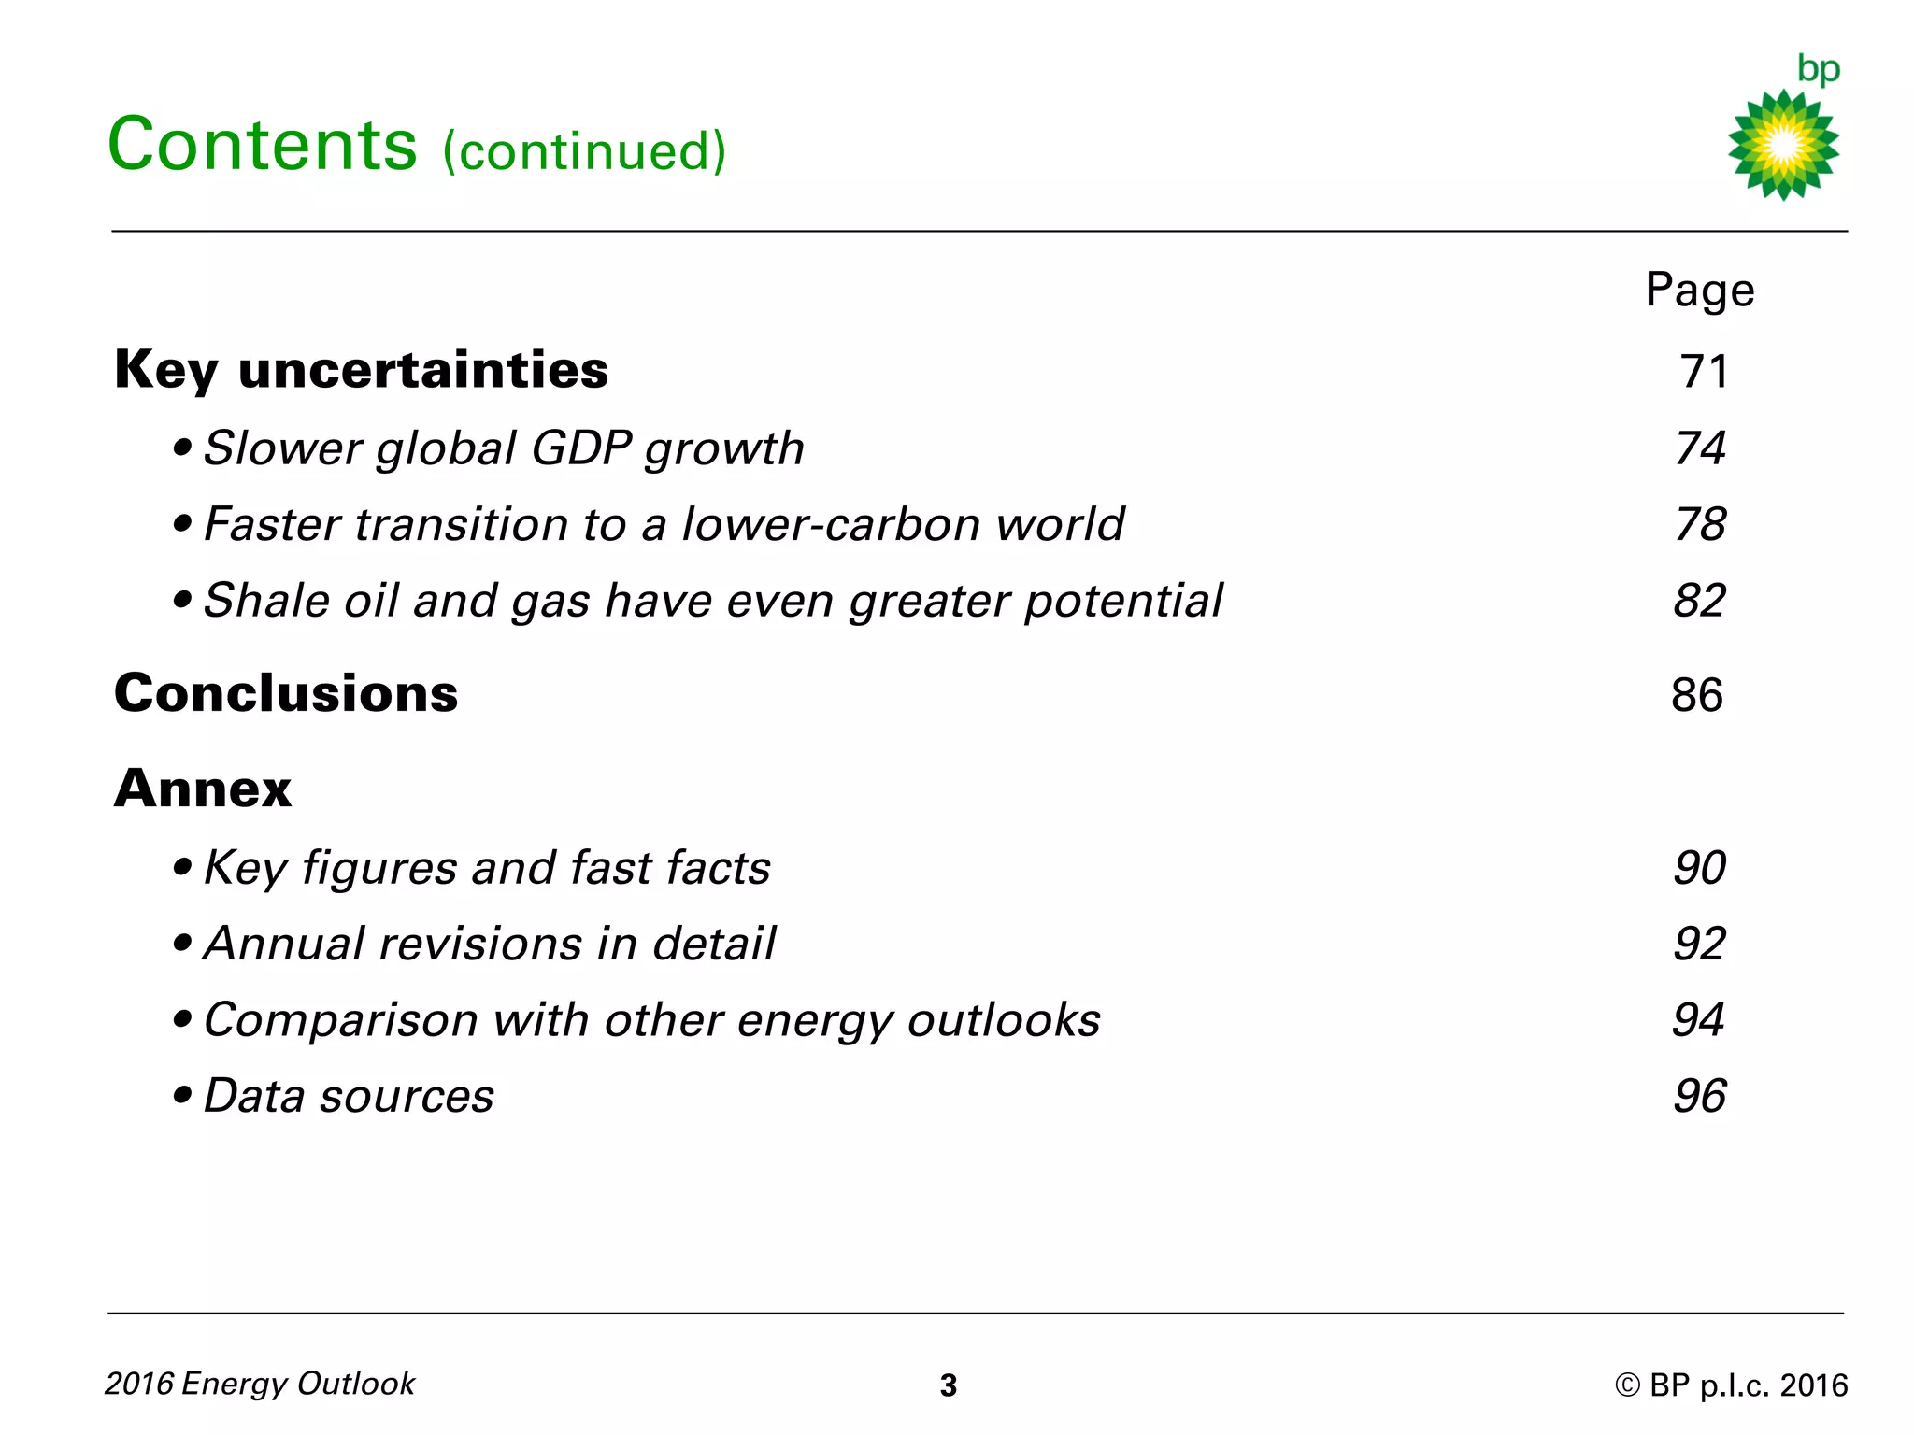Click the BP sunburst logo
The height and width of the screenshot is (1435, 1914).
(1783, 145)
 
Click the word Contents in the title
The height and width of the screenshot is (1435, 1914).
(263, 145)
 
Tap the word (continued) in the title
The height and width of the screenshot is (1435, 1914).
(584, 151)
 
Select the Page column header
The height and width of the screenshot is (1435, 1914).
(1699, 290)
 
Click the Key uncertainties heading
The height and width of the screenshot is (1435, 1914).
(361, 370)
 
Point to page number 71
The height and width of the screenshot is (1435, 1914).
(1704, 372)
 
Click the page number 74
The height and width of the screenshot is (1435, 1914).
(1700, 448)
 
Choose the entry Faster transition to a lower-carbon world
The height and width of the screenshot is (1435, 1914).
(664, 524)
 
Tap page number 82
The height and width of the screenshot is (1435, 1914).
(1699, 601)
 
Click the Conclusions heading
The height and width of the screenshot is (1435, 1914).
(286, 694)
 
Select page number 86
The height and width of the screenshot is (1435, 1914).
(1697, 696)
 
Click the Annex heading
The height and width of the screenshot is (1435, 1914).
(203, 789)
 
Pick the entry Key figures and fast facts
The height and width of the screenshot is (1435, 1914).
(487, 868)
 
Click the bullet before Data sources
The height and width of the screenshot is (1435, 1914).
(182, 1095)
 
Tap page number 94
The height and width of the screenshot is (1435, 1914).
(1698, 1020)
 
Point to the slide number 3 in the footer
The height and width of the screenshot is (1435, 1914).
(948, 1385)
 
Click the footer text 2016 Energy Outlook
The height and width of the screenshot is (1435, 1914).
(260, 1384)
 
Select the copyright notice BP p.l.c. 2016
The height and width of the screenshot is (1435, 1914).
(1731, 1385)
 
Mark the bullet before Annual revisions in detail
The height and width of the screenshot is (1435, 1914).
(182, 944)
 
